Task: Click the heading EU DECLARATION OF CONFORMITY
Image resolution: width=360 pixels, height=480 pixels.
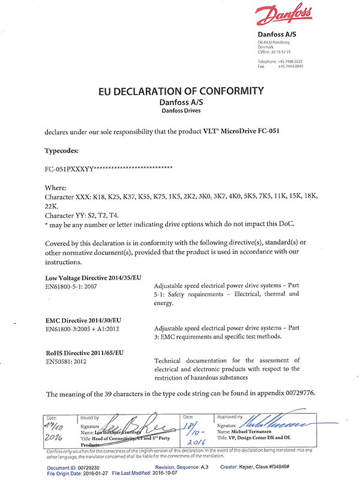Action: [181, 91]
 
